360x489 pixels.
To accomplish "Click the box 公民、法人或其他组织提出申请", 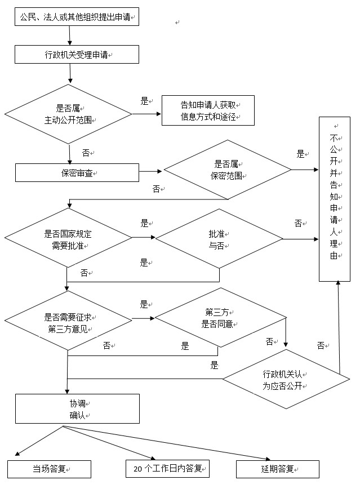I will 77,17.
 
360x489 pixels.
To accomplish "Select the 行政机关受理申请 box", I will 77,55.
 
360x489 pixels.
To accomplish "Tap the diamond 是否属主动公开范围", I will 69,114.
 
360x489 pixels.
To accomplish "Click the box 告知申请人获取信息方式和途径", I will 208,110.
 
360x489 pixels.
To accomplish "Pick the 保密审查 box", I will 77,173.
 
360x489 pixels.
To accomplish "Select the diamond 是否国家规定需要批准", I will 68,240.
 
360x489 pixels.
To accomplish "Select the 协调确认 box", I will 77,408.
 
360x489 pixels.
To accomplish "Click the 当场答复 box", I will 49,469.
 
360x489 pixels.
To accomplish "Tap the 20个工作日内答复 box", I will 167,469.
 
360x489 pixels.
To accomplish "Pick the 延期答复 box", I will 278,469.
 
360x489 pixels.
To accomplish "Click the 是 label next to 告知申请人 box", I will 144,101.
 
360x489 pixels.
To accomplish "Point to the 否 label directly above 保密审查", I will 86,153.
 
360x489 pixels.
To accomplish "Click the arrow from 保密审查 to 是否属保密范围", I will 150,171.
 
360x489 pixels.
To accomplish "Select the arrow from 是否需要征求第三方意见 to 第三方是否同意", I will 144,318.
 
